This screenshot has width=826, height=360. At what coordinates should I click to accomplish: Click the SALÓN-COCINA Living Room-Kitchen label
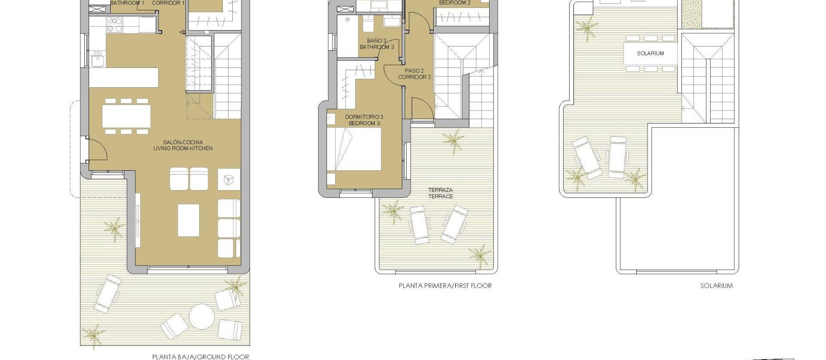[x=183, y=145]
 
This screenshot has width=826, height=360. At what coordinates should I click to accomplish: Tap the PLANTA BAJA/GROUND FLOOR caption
[x=200, y=356]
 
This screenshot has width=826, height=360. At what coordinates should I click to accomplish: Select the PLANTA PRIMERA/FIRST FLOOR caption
[x=445, y=286]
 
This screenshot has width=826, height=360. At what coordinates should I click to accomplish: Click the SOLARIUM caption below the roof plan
[x=716, y=286]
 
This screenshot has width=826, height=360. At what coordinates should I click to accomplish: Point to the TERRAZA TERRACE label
[x=440, y=193]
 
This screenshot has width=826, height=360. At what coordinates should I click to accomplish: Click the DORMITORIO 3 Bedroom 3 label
[x=364, y=120]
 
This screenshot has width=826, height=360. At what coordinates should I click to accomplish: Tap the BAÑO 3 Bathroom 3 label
[x=376, y=44]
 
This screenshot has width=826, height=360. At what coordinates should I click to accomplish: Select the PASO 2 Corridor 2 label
[x=414, y=74]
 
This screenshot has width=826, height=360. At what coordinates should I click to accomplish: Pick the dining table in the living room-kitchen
[x=126, y=116]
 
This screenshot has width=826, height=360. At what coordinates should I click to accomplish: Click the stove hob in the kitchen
[x=114, y=25]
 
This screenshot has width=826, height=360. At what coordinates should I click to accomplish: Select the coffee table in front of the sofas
[x=188, y=220]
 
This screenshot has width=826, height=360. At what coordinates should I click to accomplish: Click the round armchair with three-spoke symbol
[x=229, y=178]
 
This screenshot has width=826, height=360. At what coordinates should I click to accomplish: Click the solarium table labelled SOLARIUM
[x=650, y=53]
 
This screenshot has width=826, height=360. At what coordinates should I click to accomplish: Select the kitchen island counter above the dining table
[x=123, y=77]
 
